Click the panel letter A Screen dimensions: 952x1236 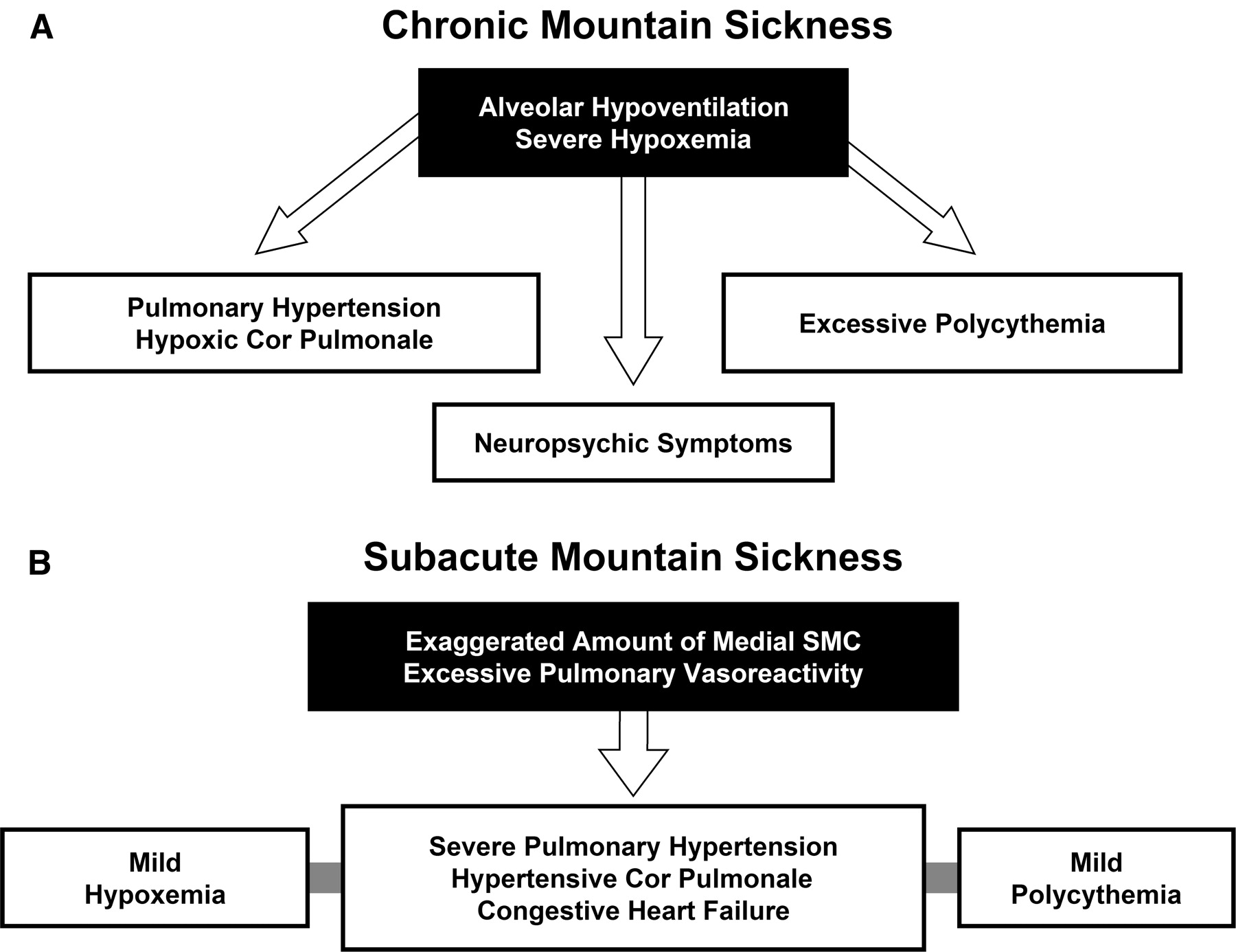click(x=42, y=29)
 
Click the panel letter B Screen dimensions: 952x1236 click(x=40, y=563)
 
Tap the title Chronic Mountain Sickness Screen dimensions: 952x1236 click(x=637, y=26)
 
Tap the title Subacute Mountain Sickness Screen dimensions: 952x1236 click(x=632, y=557)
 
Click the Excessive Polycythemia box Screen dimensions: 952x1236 click(x=952, y=324)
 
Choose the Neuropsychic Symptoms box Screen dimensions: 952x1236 click(x=632, y=443)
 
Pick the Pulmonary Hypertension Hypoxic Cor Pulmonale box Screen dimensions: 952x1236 click(x=284, y=324)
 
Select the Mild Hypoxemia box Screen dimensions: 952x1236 click(x=154, y=879)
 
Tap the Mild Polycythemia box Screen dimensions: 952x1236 click(x=1096, y=879)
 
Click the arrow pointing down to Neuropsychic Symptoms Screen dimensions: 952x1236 click(x=633, y=275)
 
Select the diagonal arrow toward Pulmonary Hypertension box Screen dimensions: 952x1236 click(x=336, y=185)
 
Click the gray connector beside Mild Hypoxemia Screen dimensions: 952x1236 click(x=325, y=877)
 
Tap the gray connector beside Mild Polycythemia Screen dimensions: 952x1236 click(x=941, y=877)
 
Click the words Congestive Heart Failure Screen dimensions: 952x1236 click(x=632, y=911)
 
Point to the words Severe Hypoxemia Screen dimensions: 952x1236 click(x=632, y=139)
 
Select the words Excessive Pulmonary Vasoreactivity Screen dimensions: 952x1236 click(x=632, y=673)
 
